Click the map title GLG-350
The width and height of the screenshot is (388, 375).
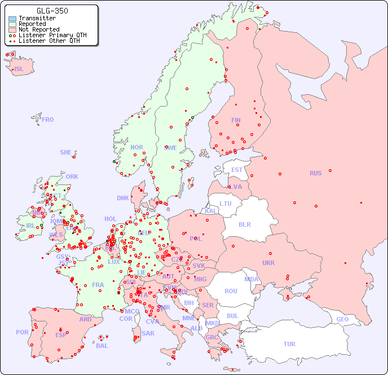coord(52,11)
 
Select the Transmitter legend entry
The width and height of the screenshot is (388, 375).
coord(37,19)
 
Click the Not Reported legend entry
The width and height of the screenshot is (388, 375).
coord(38,29)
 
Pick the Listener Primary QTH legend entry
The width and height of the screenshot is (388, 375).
coord(52,35)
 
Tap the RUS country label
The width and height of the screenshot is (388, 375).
coord(316,173)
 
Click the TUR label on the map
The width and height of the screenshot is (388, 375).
coord(289,344)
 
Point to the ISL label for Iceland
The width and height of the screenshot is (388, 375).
coord(19,69)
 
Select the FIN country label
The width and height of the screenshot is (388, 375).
coord(236,120)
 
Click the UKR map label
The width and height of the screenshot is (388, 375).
coord(268,263)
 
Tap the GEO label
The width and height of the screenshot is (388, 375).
coord(342,319)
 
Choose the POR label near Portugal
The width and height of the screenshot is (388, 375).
coord(22,332)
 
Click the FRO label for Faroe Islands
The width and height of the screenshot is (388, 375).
coord(48,120)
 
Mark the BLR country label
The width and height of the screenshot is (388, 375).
coord(244,224)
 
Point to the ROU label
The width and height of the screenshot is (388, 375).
coord(231,291)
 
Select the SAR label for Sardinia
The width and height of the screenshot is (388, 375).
coord(148,333)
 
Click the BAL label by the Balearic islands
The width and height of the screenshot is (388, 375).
coord(102,346)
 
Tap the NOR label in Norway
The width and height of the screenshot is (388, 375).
coord(136,147)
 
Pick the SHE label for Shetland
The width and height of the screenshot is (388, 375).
coord(66,152)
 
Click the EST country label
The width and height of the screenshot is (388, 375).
coord(237,170)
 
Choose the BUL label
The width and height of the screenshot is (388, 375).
coord(232,316)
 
